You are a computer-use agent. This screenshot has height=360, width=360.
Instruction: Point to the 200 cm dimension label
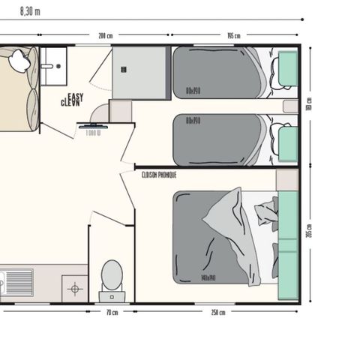[105, 36]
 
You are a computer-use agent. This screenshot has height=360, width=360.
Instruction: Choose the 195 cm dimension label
[233, 36]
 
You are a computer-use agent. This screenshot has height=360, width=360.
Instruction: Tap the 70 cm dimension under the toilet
[112, 312]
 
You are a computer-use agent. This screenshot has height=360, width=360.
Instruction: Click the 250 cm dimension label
[217, 312]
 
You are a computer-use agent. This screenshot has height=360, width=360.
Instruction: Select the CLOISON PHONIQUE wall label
[159, 174]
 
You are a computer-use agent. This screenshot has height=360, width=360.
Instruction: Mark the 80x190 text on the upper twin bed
[193, 92]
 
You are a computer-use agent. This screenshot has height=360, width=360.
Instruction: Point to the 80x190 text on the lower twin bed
[193, 118]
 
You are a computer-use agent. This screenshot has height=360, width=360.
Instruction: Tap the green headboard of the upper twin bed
[288, 69]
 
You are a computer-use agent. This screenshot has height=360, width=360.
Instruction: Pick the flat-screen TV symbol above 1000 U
[93, 125]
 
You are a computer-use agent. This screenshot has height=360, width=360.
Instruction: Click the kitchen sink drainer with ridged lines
[19, 283]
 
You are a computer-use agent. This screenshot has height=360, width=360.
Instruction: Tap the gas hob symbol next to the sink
[73, 287]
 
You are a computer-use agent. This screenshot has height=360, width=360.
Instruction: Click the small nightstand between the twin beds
[291, 106]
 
